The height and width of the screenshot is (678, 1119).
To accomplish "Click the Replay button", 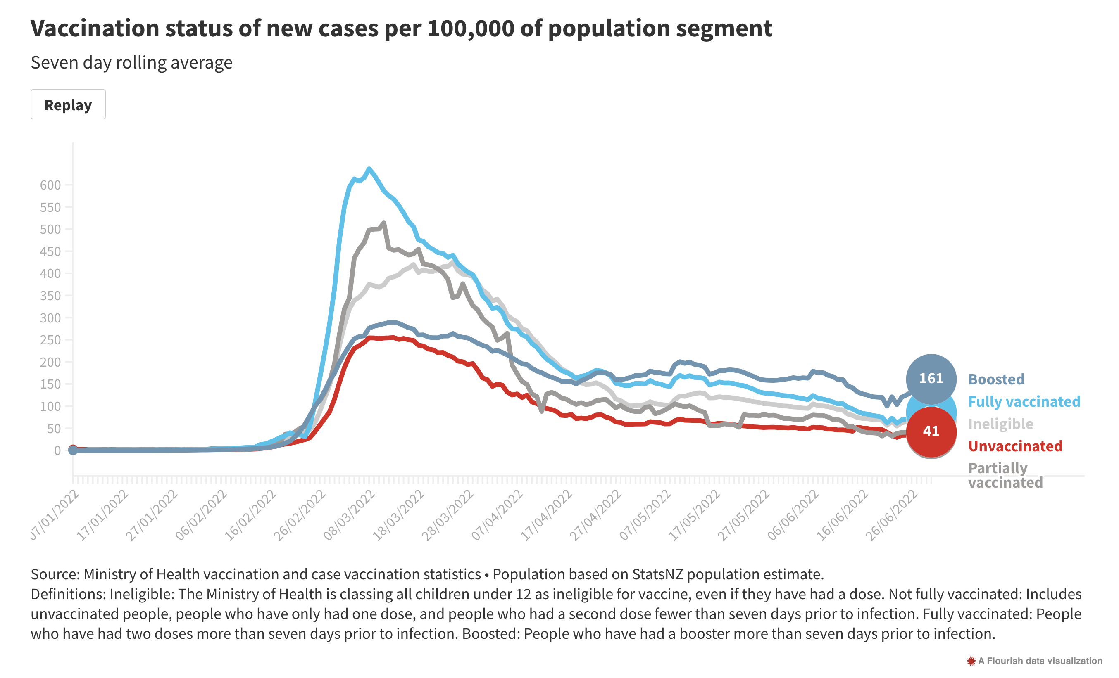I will [x=68, y=105].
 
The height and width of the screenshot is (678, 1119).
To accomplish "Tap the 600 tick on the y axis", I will [x=50, y=185].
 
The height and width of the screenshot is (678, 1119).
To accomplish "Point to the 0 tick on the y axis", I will [x=57, y=450].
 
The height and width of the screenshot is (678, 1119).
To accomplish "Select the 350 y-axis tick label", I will [x=50, y=296].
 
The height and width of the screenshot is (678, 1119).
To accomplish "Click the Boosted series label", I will [x=996, y=379].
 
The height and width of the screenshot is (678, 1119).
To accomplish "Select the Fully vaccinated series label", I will [x=1024, y=401].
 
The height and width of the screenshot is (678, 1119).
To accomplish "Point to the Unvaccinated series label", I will [x=1015, y=446].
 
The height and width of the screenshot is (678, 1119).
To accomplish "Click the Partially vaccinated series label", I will [x=1005, y=475].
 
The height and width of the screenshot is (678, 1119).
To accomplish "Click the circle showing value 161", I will [x=931, y=379].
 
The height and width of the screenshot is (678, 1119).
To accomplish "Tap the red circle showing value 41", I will [x=931, y=431].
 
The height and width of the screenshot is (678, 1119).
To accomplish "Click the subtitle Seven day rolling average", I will [x=132, y=63].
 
